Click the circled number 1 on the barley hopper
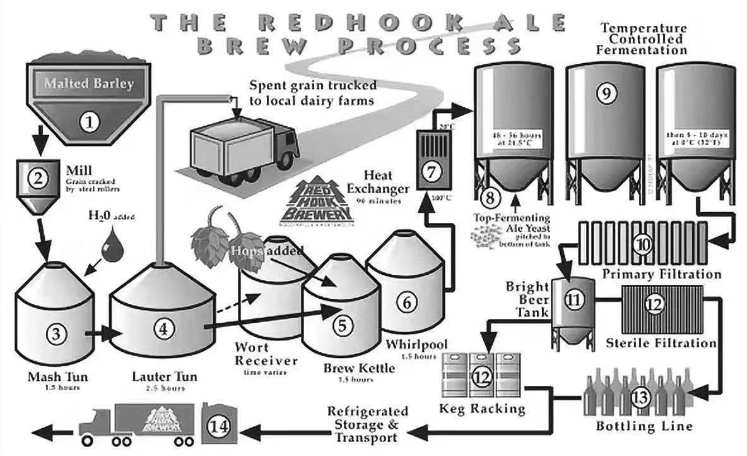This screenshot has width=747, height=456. click(x=89, y=120)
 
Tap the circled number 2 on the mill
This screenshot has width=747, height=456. click(x=38, y=178)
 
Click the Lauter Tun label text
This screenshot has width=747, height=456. click(x=164, y=377)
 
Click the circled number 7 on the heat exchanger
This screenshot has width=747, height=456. click(x=432, y=171)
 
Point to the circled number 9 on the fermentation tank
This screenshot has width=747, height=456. click(x=604, y=93)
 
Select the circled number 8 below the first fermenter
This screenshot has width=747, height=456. click(x=490, y=196)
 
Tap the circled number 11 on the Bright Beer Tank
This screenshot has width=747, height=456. click(x=572, y=301)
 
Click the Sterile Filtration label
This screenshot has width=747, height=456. click(x=661, y=343)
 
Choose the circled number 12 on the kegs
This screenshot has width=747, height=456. click(x=481, y=377)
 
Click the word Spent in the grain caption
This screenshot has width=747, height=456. click(x=266, y=85)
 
